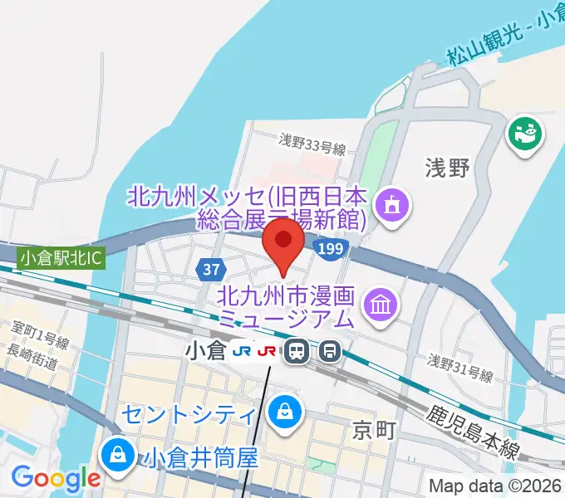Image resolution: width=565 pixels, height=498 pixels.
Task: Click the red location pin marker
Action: (282, 242)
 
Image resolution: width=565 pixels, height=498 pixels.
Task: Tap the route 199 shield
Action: (330, 249)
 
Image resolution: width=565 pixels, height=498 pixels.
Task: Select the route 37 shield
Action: (209, 269)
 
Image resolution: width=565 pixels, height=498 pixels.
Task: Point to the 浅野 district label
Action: (449, 169)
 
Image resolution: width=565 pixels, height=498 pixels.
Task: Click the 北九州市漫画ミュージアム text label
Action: (287, 305)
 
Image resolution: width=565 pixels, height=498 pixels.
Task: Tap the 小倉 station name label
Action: (204, 351)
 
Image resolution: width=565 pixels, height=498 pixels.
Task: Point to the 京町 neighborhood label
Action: (371, 430)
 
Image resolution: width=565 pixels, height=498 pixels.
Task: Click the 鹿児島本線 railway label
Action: (474, 432)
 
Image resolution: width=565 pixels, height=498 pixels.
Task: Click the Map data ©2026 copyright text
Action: (495, 486)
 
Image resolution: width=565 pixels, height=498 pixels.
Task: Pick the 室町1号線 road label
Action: (38, 340)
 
